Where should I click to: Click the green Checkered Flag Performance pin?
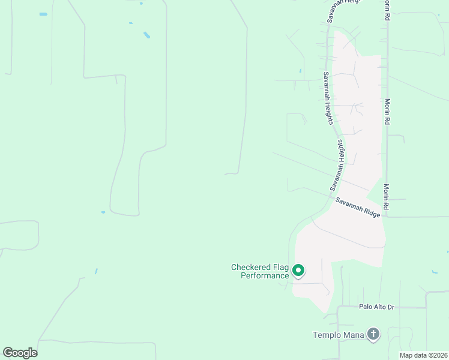point(298,271)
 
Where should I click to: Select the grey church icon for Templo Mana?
point(373,334)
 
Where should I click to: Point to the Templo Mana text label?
point(339,335)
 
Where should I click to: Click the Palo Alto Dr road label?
point(376,307)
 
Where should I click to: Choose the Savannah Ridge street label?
point(358,207)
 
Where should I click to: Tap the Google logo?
point(20,353)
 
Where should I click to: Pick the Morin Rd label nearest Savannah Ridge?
point(387,197)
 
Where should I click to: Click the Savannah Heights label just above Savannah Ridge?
point(339,164)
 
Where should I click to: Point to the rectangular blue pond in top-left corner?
point(43,14)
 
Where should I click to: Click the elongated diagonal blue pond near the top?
point(146,35)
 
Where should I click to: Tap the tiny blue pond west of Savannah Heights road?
point(301,71)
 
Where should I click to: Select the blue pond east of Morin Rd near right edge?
point(434,272)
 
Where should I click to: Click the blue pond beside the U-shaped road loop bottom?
point(103,212)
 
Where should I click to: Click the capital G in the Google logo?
point(8,352)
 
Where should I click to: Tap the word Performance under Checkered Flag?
point(265,276)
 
